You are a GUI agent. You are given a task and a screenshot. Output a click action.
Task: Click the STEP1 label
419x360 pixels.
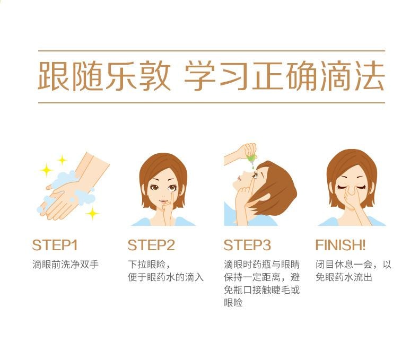click(x=55, y=245)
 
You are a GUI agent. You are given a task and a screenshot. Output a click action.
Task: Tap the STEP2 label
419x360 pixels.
click(x=151, y=245)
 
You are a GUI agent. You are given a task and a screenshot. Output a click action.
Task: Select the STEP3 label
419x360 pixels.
click(x=247, y=245)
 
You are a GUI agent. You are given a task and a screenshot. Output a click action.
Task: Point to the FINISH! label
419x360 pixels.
click(x=340, y=245)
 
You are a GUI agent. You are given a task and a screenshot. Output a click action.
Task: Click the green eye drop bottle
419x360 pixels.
click(x=252, y=158)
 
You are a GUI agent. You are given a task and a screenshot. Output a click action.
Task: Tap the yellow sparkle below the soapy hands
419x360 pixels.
click(x=92, y=213)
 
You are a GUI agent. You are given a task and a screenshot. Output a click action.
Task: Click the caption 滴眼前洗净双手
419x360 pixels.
click(x=66, y=265)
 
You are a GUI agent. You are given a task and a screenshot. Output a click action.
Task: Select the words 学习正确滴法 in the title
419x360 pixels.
click(x=285, y=76)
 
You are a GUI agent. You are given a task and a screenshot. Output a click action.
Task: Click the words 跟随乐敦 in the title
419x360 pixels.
click(x=104, y=76)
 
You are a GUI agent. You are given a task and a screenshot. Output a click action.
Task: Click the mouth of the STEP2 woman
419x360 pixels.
click(x=162, y=201)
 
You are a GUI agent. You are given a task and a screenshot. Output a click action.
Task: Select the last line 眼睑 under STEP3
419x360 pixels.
click(x=233, y=303)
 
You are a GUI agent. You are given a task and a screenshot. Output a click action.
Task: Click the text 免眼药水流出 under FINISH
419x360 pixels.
click(x=344, y=277)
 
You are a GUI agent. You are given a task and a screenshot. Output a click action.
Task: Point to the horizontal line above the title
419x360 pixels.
click(x=212, y=50)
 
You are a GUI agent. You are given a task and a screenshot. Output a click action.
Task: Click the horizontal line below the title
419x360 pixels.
click(x=212, y=102)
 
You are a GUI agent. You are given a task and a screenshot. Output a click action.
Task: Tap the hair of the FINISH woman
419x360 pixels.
click(x=352, y=163)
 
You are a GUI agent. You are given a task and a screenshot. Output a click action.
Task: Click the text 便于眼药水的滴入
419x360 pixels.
click(x=165, y=277)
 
